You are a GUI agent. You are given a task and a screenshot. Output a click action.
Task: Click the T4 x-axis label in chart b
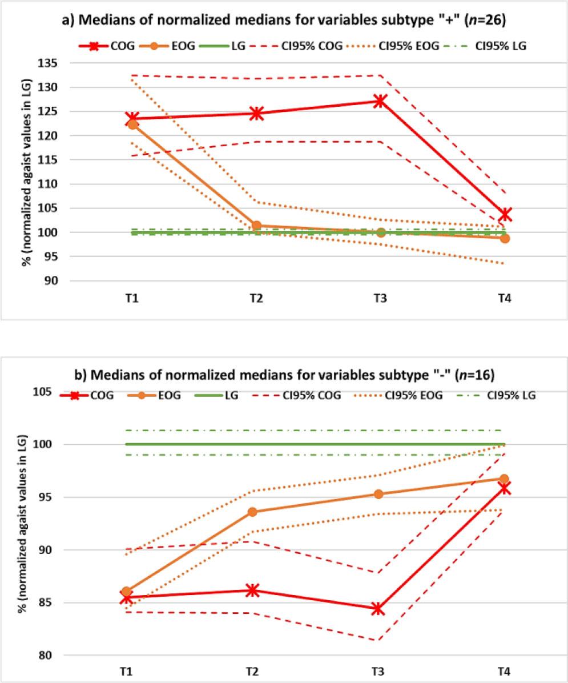[x=503, y=672]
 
